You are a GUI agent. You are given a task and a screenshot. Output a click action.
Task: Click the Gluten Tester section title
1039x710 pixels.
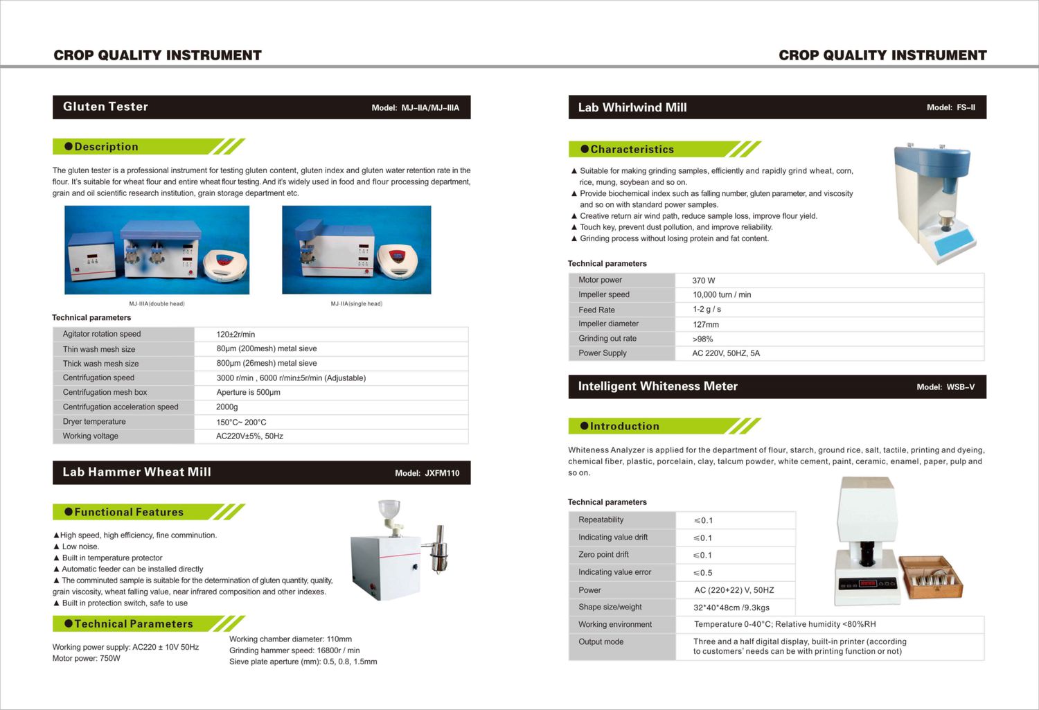pos(105,107)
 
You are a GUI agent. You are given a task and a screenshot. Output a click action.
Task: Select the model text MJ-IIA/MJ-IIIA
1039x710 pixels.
pos(430,108)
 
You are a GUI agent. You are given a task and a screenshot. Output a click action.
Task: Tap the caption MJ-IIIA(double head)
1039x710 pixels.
pos(157,303)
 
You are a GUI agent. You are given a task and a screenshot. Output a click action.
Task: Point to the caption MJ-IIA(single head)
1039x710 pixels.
pos(356,303)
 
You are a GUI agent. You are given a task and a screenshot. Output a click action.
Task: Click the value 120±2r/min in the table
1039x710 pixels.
pos(236,335)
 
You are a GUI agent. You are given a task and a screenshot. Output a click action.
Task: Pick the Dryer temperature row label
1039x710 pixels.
pos(94,422)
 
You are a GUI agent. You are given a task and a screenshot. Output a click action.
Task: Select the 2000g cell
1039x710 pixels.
pos(227,407)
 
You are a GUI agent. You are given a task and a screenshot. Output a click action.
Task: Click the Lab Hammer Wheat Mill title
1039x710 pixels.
pos(136,472)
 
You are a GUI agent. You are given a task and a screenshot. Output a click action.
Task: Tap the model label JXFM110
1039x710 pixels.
pos(442,473)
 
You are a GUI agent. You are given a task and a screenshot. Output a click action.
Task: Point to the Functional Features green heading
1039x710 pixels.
pos(129,513)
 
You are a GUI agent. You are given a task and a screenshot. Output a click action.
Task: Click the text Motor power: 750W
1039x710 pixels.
pos(87,659)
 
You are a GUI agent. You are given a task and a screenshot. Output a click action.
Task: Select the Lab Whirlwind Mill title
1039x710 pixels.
pos(632,108)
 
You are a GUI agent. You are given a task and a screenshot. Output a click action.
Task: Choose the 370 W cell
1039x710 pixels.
pos(704,281)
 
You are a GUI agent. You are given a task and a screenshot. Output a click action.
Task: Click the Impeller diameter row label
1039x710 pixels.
pos(608,324)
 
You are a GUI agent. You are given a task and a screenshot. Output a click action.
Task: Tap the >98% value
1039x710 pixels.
pos(702,339)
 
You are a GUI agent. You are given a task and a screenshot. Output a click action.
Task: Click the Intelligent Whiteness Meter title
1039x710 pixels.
pos(657,387)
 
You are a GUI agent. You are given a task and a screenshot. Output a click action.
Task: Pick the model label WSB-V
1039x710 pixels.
pos(960,387)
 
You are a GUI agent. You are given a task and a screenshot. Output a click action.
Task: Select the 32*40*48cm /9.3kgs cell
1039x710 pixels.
pos(731,607)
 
